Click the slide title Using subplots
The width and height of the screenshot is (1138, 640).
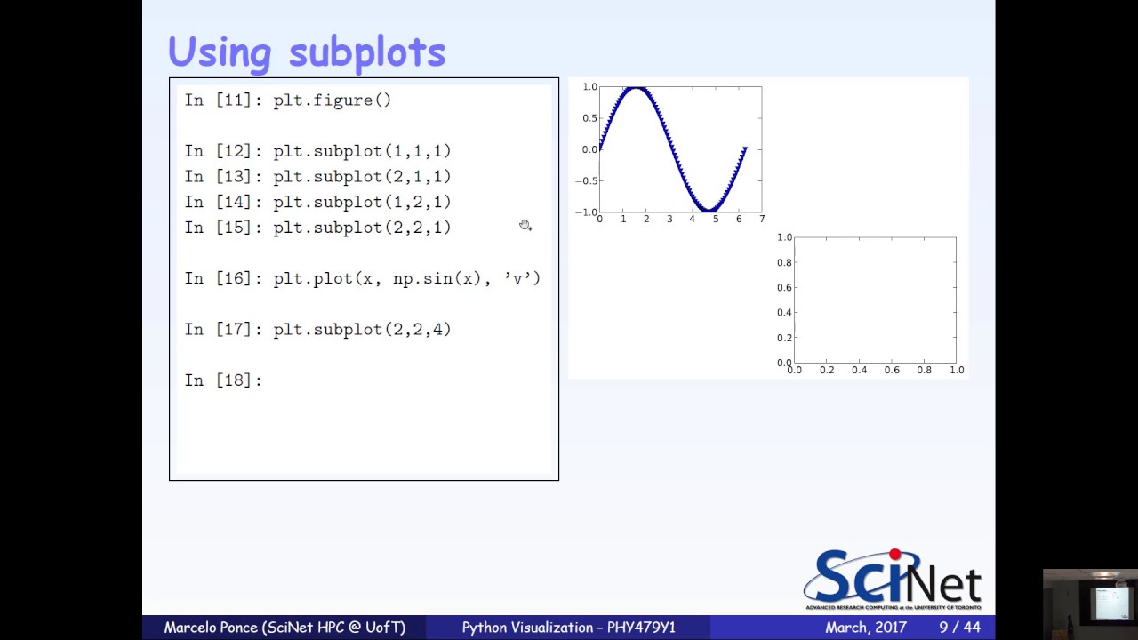(307, 52)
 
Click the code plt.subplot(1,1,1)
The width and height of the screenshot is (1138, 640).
(362, 151)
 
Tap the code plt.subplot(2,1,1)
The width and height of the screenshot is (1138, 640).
(362, 177)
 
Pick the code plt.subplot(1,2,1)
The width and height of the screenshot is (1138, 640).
(362, 202)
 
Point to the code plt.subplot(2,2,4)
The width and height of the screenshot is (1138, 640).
(362, 330)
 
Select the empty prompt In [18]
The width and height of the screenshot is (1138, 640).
(222, 380)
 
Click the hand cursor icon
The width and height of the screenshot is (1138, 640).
(525, 226)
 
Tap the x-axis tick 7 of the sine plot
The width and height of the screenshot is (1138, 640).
(762, 219)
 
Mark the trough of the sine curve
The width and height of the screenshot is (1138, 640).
(709, 209)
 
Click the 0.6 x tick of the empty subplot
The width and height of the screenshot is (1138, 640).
(892, 370)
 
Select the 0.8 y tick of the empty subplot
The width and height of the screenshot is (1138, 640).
(784, 263)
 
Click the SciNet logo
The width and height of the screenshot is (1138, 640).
(892, 580)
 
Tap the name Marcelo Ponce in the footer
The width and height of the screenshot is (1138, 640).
(211, 628)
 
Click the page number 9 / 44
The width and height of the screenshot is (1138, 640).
(959, 628)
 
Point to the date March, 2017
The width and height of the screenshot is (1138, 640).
(866, 628)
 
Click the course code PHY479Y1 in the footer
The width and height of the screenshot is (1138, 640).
(641, 628)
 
